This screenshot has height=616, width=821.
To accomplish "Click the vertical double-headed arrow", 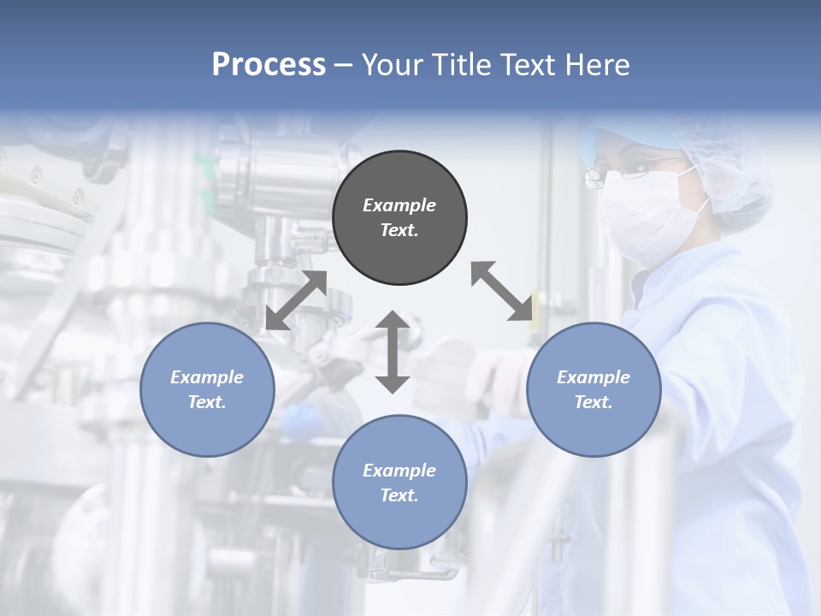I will (393, 352).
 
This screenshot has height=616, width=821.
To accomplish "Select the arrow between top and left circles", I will (296, 300).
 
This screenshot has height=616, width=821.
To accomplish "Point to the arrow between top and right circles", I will (501, 291).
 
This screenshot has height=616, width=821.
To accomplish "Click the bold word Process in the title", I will (269, 64).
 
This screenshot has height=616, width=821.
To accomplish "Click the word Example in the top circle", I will (399, 205).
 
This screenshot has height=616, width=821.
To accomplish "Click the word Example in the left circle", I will (207, 377).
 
